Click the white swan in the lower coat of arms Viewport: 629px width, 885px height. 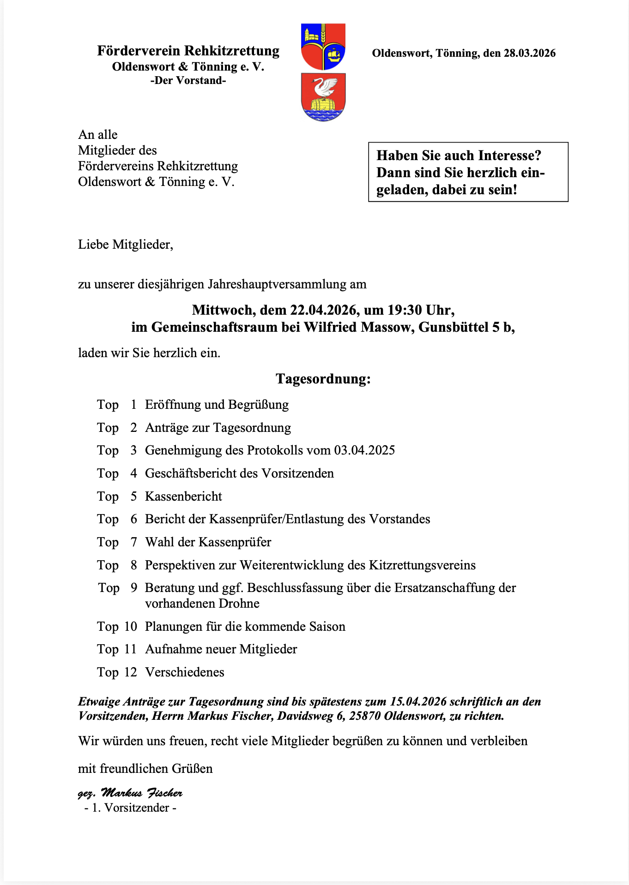coord(324,87)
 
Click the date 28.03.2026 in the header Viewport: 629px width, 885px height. coord(529,53)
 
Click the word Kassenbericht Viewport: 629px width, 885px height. coord(183,496)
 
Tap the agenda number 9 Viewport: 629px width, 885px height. coord(134,587)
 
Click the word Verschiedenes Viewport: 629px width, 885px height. coord(185,672)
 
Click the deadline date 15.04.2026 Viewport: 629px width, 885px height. coord(418,701)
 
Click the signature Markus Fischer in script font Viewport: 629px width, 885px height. coord(141,793)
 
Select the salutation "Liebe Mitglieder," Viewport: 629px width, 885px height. coord(126,244)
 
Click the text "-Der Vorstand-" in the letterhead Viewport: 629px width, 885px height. coord(188,80)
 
